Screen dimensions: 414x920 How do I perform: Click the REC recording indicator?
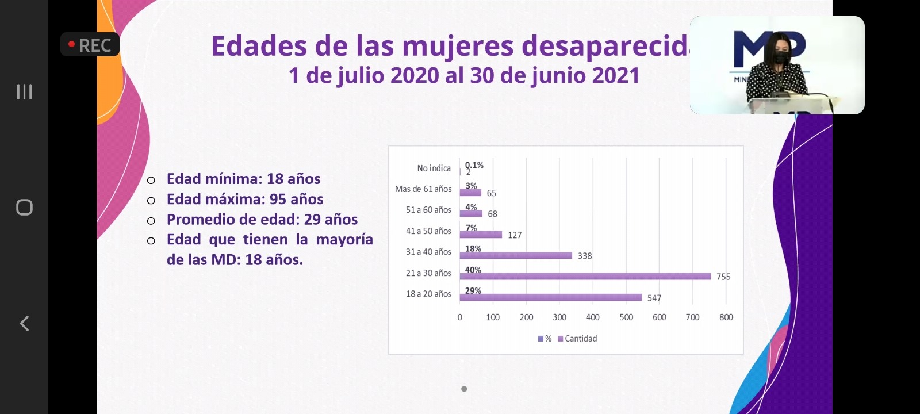pyautogui.click(x=90, y=45)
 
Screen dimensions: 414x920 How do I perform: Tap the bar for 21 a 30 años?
pyautogui.click(x=585, y=277)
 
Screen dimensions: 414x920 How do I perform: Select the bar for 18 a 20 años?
pyautogui.click(x=550, y=297)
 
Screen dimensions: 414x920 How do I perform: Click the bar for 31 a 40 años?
pyautogui.click(x=516, y=255)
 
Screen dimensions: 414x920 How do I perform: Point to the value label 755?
pyautogui.click(x=723, y=277)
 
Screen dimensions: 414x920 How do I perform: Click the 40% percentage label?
pyautogui.click(x=473, y=270)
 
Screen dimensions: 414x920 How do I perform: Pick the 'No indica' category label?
pyautogui.click(x=434, y=168)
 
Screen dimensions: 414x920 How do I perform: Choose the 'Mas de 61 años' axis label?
pyautogui.click(x=423, y=189)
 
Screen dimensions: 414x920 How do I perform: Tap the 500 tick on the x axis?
pyautogui.click(x=626, y=317)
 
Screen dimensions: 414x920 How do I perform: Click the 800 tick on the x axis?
pyautogui.click(x=726, y=317)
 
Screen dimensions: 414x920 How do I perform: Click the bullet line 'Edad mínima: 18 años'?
pyautogui.click(x=243, y=179)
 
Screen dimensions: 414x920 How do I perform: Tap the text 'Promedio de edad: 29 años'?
pyautogui.click(x=262, y=219)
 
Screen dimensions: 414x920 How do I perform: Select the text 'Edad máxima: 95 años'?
pyautogui.click(x=245, y=199)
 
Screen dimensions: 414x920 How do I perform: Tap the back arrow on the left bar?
pyautogui.click(x=24, y=323)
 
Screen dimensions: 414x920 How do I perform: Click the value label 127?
pyautogui.click(x=515, y=235)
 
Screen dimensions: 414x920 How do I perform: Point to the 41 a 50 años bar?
pyautogui.click(x=481, y=235)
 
